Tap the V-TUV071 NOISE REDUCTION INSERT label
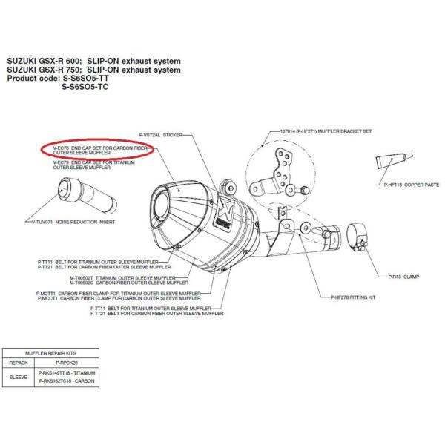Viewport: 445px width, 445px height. [70, 222]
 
